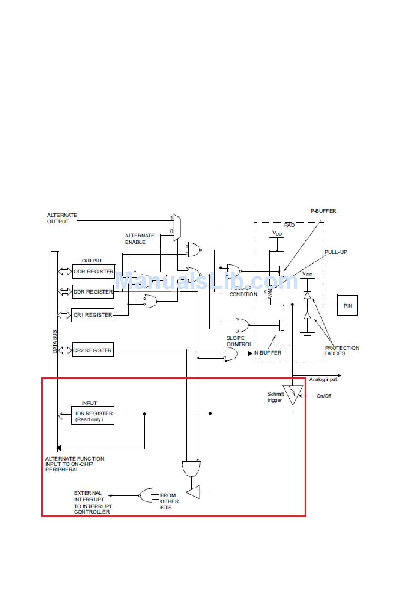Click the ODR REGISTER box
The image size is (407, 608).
point(93,272)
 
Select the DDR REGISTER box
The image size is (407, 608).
point(93,292)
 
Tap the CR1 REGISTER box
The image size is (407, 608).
point(93,315)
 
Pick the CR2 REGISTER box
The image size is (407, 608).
point(93,350)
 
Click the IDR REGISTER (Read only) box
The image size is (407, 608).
point(93,416)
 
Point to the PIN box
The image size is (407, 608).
point(347,305)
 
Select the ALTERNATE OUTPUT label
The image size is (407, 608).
point(62,218)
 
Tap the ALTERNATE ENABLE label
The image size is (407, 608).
point(140,239)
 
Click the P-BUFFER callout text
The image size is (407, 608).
point(323,211)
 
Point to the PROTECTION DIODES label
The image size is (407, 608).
point(342,350)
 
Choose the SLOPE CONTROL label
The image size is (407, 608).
point(239,341)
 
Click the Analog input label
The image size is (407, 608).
point(323,379)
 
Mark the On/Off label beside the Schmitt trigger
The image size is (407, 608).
point(324,395)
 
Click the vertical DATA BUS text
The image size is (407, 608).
point(54,341)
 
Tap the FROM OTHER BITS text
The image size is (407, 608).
point(169,501)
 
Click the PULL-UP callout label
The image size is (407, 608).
point(335,252)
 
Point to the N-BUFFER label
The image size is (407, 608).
point(268,353)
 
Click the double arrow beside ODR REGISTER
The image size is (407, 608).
point(65,272)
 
